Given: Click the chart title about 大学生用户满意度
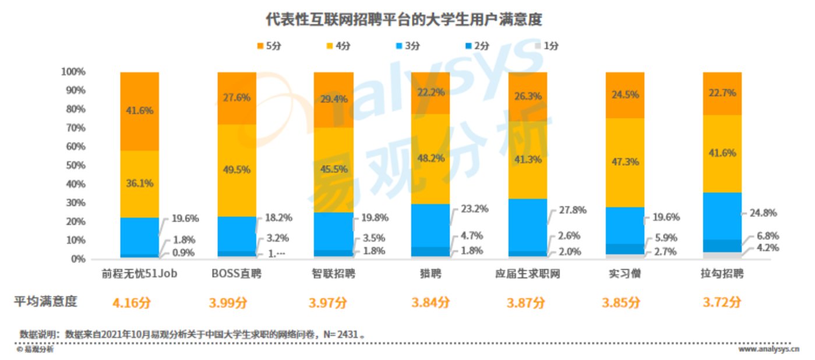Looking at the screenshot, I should [404, 19].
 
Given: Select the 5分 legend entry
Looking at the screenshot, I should [269, 46].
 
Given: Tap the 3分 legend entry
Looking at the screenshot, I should [407, 46].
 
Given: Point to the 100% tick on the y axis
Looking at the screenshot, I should [73, 72].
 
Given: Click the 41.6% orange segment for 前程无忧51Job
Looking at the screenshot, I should [140, 111].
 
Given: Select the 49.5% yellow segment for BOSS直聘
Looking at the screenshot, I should [237, 170].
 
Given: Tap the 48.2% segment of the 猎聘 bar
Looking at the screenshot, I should [431, 157].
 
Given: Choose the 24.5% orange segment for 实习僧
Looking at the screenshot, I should [625, 94].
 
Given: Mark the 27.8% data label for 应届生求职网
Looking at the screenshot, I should [572, 210].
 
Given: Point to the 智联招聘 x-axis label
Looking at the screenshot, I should [333, 273].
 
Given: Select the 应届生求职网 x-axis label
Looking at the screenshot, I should [527, 273].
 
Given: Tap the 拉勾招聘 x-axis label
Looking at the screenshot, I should [722, 273].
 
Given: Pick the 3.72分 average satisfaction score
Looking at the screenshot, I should [722, 303].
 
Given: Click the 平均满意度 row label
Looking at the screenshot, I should [46, 302].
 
